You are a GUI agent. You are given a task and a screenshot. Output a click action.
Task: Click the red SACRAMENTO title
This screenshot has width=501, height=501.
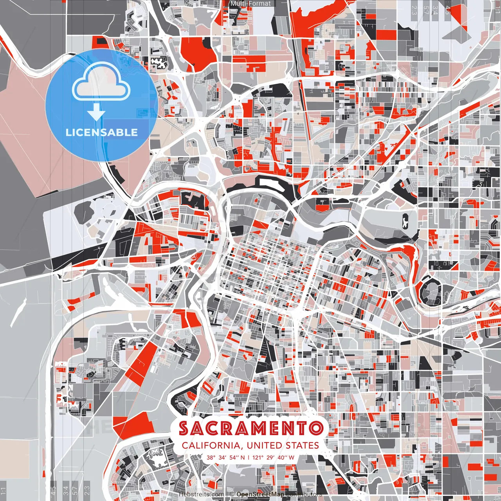tap(250, 429)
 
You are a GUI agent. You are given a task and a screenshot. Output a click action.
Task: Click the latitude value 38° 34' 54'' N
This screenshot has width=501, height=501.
tap(226, 457)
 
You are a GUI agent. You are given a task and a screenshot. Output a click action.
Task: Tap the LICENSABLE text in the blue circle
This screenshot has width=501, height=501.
tap(102, 132)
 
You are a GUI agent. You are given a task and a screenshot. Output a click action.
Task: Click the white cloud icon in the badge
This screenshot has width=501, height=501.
tap(101, 82)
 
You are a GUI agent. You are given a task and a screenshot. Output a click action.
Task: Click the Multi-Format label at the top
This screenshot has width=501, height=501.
tap(250, 4)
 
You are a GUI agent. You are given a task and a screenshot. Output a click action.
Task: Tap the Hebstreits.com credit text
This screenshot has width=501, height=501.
tap(201, 494)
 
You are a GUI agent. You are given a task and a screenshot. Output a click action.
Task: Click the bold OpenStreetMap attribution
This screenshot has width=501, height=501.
tap(260, 494)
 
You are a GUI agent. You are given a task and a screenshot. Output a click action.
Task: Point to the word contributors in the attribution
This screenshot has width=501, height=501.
tap(303, 494)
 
